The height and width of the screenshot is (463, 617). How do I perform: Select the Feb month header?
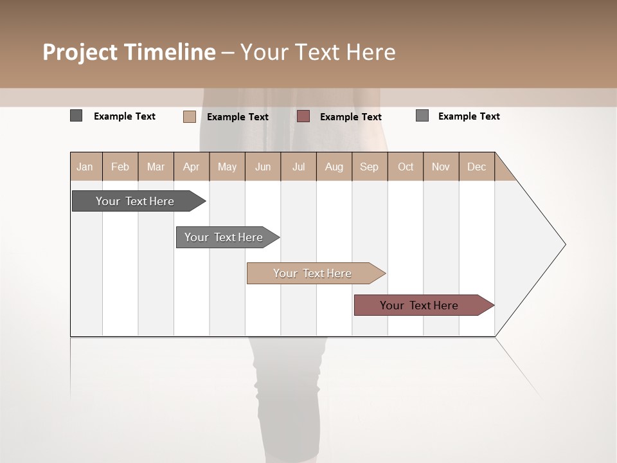click(120, 167)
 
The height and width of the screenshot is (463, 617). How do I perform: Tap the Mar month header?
click(156, 167)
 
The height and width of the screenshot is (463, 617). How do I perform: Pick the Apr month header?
click(192, 167)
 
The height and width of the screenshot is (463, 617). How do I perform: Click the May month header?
click(227, 167)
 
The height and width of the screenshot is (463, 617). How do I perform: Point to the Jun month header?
click(263, 167)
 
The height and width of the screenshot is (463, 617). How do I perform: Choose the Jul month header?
click(298, 167)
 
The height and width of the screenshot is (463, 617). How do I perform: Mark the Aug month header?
click(334, 167)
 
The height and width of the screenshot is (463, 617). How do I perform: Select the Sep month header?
click(370, 167)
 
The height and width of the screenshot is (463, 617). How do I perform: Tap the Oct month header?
click(406, 167)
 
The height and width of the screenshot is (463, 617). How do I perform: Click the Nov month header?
click(441, 167)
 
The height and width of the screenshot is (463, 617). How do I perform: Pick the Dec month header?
click(477, 167)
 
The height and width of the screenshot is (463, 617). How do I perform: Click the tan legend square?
click(190, 116)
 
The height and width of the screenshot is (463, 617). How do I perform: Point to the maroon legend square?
click(303, 116)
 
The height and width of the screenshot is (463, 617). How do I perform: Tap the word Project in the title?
click(80, 52)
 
